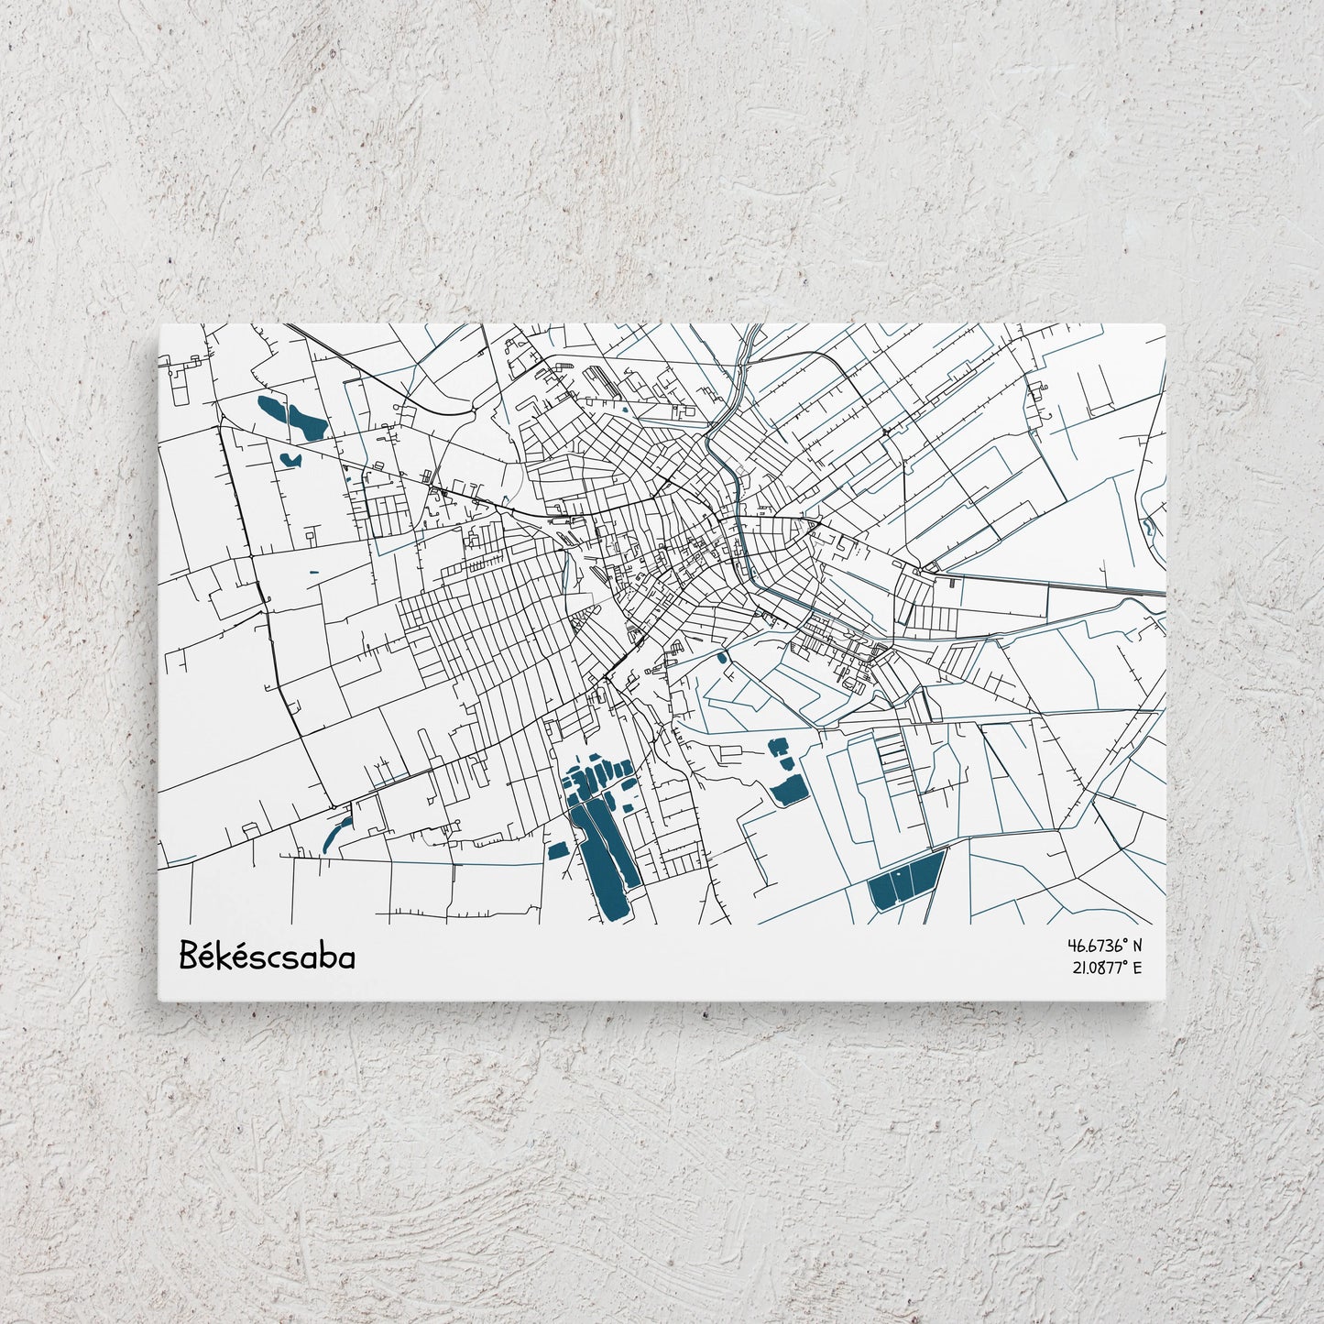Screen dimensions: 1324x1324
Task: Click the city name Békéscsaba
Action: (267, 956)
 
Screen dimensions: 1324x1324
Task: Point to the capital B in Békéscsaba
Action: (189, 956)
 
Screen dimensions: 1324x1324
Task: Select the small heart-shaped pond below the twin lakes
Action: (290, 457)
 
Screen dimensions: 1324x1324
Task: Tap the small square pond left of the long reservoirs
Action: (555, 850)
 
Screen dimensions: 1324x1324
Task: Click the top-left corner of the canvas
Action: (159, 323)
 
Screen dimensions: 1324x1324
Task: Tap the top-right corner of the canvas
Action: (1165, 323)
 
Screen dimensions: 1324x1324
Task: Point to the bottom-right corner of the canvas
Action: (1165, 1001)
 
